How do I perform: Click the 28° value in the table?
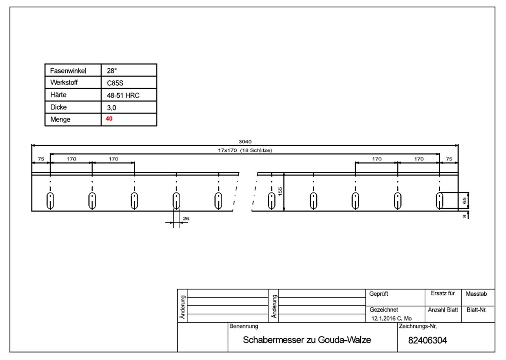point(112,70)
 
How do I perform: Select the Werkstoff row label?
point(64,82)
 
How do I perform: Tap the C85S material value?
point(115,83)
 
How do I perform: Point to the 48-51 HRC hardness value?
point(123,96)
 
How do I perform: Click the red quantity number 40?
point(109,119)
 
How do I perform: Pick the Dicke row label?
point(58,107)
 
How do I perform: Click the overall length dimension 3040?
point(245,142)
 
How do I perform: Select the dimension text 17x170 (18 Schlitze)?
point(245,150)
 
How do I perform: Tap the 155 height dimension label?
point(280,191)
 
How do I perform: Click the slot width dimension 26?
point(186,218)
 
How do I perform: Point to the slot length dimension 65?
point(464,200)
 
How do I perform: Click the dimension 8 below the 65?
point(464,216)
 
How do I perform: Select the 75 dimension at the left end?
point(41,159)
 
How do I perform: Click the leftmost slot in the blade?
point(50,201)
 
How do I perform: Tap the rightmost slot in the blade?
point(440,201)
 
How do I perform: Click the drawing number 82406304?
point(427,340)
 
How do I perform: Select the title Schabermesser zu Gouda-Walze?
point(307,340)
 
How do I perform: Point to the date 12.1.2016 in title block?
point(383,318)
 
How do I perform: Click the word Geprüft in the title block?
point(379,294)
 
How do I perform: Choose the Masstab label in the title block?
point(476,294)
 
